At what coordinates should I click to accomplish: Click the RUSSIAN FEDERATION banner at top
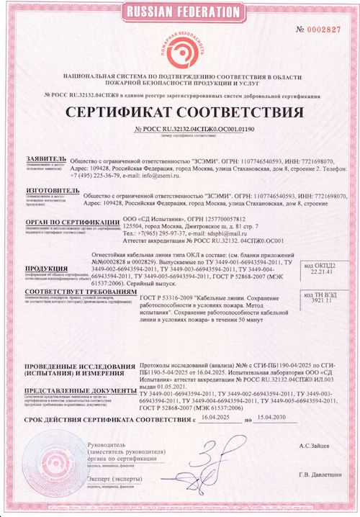coord(180,12)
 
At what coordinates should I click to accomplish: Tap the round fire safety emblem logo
coord(180,48)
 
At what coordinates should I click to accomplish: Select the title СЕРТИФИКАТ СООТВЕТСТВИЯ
coord(180,114)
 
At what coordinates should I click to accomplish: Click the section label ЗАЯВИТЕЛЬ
coord(45,156)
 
